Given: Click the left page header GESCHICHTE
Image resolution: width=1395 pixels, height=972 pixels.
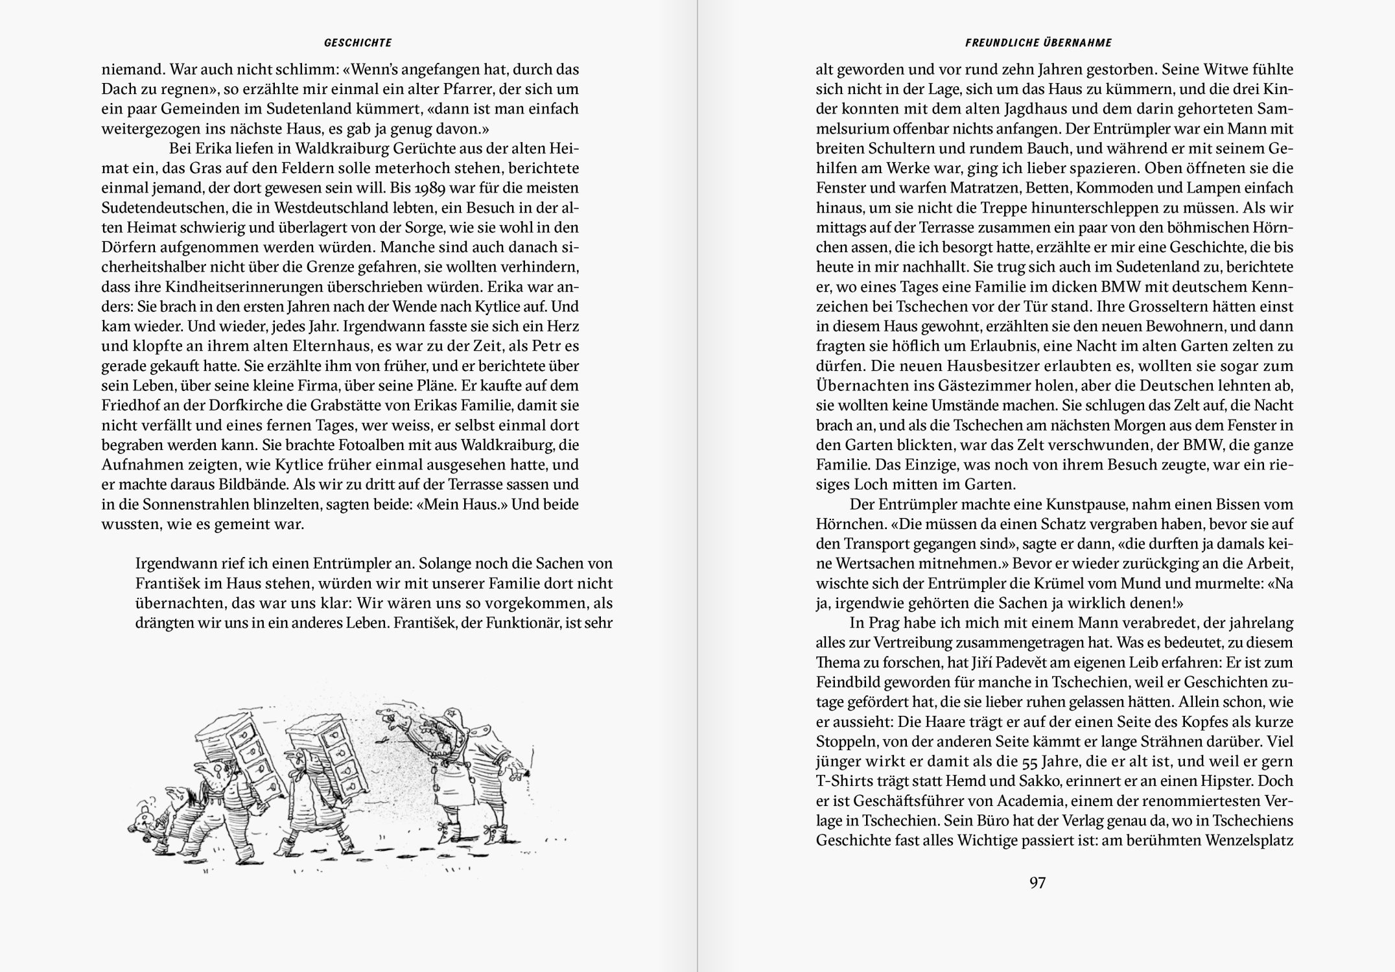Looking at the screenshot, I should click(x=358, y=43).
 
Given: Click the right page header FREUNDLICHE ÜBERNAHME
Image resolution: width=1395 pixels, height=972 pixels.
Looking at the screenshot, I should click(x=1038, y=43).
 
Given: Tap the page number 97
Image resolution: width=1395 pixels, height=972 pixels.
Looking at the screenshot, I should click(x=1038, y=883).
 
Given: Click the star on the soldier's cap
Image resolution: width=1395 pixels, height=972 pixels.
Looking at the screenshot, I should click(x=450, y=718).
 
